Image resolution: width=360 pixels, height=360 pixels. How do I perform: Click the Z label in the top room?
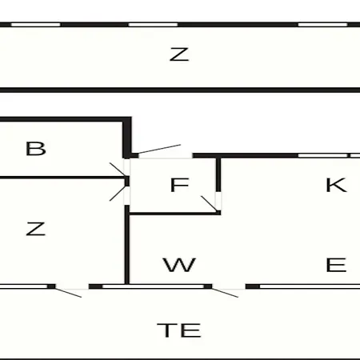[x=179, y=54]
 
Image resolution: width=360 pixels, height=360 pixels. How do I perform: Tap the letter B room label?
[x=36, y=149]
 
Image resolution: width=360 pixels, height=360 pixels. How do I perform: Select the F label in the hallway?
[x=179, y=185]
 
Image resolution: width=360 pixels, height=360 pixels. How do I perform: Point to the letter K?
[x=336, y=185]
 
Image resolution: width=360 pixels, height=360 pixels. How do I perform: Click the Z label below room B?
[x=36, y=229]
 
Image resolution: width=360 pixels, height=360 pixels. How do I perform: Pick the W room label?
[x=179, y=265]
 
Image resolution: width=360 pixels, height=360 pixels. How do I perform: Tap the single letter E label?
[x=336, y=265]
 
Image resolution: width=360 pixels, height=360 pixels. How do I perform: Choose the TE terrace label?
[x=179, y=330]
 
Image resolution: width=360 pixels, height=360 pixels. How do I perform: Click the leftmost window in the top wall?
[x=36, y=25]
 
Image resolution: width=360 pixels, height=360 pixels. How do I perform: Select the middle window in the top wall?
[x=153, y=25]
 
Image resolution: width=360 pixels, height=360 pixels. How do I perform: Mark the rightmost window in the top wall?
[x=322, y=25]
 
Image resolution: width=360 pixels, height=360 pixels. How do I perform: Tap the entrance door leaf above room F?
[x=159, y=149]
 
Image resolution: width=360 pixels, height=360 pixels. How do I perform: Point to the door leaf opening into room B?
[x=118, y=169]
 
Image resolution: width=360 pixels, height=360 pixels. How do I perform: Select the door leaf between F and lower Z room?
[x=118, y=194]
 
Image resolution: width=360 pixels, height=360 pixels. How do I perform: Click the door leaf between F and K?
[x=209, y=204]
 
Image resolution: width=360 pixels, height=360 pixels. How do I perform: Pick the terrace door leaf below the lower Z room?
[x=68, y=293]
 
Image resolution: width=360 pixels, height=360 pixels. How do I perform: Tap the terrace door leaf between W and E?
[x=225, y=293]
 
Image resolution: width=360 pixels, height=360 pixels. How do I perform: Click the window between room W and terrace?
[x=153, y=286]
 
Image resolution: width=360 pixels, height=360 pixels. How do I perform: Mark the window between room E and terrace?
[x=310, y=286]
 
